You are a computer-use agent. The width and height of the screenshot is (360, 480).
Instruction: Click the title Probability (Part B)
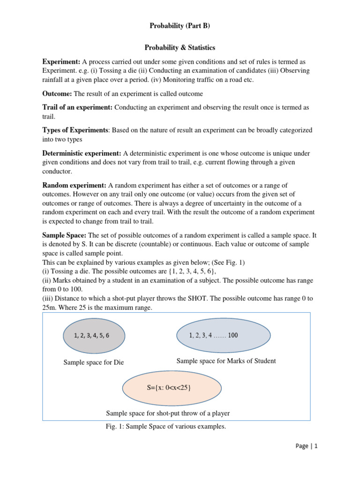[180, 26]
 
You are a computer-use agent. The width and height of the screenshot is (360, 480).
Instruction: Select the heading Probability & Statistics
[180, 48]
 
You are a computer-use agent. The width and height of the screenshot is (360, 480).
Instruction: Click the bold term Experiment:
[61, 62]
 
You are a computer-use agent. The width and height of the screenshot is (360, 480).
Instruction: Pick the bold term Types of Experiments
[75, 130]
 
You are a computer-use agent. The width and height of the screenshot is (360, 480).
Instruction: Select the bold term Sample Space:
[64, 235]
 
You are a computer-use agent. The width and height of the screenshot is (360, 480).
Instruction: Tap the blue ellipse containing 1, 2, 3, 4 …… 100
[223, 335]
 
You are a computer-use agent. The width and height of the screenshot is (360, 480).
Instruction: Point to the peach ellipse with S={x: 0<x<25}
[172, 389]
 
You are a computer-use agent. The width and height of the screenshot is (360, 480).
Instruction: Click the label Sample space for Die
[94, 363]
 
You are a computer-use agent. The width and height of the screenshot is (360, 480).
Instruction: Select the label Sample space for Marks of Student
[226, 361]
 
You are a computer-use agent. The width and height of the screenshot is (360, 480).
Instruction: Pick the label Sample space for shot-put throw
[168, 413]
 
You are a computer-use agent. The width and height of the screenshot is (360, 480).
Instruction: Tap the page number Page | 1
[307, 447]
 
